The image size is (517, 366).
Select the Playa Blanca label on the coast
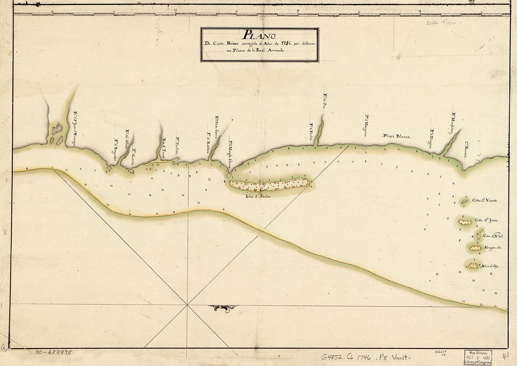click(x=397, y=136)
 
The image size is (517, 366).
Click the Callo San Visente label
click(x=484, y=201)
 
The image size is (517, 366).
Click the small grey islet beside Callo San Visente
click(x=464, y=202)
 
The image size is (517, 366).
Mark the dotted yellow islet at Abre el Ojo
click(x=473, y=266)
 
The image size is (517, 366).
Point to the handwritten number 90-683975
click(x=53, y=352)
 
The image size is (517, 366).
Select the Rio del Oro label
click(x=325, y=101)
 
